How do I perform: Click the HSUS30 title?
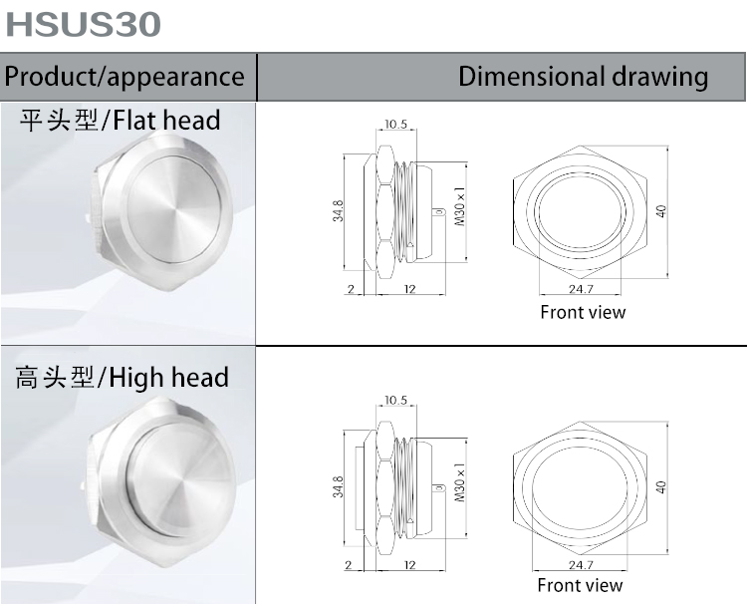pyautogui.click(x=84, y=25)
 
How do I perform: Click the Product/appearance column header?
pyautogui.click(x=125, y=77)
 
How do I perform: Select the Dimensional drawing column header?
pyautogui.click(x=583, y=77)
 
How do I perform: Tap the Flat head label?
pyautogui.click(x=121, y=122)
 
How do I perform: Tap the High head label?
pyautogui.click(x=123, y=378)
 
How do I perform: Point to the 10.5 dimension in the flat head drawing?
pyautogui.click(x=395, y=125)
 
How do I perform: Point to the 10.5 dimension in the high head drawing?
pyautogui.click(x=395, y=400)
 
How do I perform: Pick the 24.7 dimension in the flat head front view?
pyautogui.click(x=581, y=289)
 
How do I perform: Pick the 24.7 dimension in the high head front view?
pyautogui.click(x=581, y=565)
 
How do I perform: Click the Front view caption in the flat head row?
pyautogui.click(x=583, y=312)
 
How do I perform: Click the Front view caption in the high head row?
pyautogui.click(x=580, y=585)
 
